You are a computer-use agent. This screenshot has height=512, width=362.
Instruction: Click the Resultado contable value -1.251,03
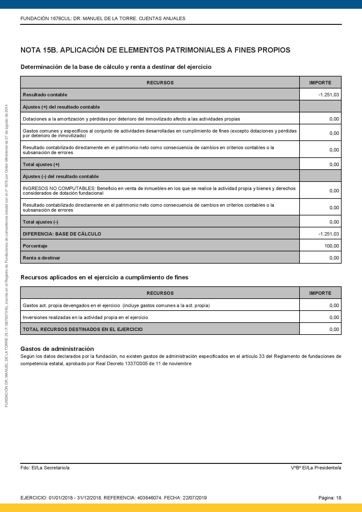coord(328,95)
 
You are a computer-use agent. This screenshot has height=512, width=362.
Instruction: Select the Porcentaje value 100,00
coord(332,246)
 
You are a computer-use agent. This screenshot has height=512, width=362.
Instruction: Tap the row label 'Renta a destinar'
coord(41,258)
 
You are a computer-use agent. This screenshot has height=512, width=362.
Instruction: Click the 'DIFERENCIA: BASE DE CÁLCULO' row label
coord(62,234)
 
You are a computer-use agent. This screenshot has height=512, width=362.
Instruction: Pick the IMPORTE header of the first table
coord(320,83)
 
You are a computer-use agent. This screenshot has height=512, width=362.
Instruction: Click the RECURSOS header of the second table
coord(160,293)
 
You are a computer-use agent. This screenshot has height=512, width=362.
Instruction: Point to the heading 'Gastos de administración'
coord(57,349)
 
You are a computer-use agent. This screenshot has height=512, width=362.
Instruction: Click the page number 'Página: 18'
coord(330,498)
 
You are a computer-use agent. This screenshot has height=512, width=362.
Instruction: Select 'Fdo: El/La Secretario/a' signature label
coord(45,468)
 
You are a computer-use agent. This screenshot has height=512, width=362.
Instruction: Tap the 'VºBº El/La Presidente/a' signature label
coord(316,468)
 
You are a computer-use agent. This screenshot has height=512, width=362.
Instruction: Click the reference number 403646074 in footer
coord(149,498)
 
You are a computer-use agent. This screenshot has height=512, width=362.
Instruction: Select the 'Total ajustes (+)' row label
coord(41,164)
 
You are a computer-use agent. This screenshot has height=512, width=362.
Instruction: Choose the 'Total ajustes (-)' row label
coord(41,222)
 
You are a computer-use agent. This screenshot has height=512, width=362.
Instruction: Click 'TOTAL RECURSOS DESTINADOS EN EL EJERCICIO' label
coord(83,329)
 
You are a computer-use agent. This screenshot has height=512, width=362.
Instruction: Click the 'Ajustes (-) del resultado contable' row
coord(61,176)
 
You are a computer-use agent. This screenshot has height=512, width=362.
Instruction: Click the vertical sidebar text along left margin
coord(6,256)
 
